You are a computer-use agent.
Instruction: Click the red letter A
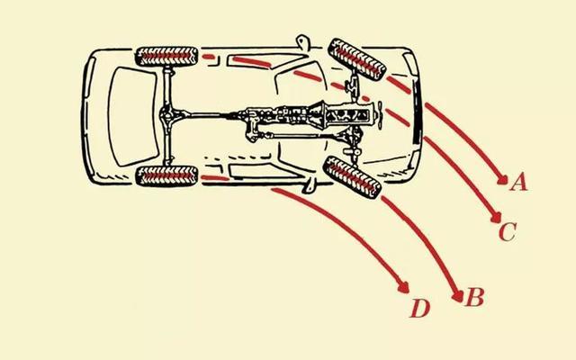point(518,183)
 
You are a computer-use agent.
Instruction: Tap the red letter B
point(474,297)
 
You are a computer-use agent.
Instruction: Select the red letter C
point(508,232)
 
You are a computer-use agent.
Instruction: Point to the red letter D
point(420,308)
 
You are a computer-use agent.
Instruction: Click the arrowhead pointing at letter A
point(502,179)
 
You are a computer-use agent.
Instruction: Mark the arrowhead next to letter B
point(458,296)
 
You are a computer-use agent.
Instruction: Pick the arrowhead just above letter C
point(497,218)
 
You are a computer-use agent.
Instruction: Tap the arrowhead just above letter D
point(404,287)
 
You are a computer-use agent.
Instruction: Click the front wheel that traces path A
point(357,59)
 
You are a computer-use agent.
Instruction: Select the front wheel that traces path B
point(352,177)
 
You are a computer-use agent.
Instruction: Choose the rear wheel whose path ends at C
point(166,57)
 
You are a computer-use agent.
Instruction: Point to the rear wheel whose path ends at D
point(166,176)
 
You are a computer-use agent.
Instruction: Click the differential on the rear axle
point(167,115)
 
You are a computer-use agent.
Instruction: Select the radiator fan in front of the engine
point(380,113)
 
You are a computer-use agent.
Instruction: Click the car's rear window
point(134,116)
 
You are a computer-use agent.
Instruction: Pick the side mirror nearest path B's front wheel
point(310,185)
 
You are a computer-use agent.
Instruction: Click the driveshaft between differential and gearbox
point(211,115)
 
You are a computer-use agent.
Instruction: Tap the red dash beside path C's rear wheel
point(208,57)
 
